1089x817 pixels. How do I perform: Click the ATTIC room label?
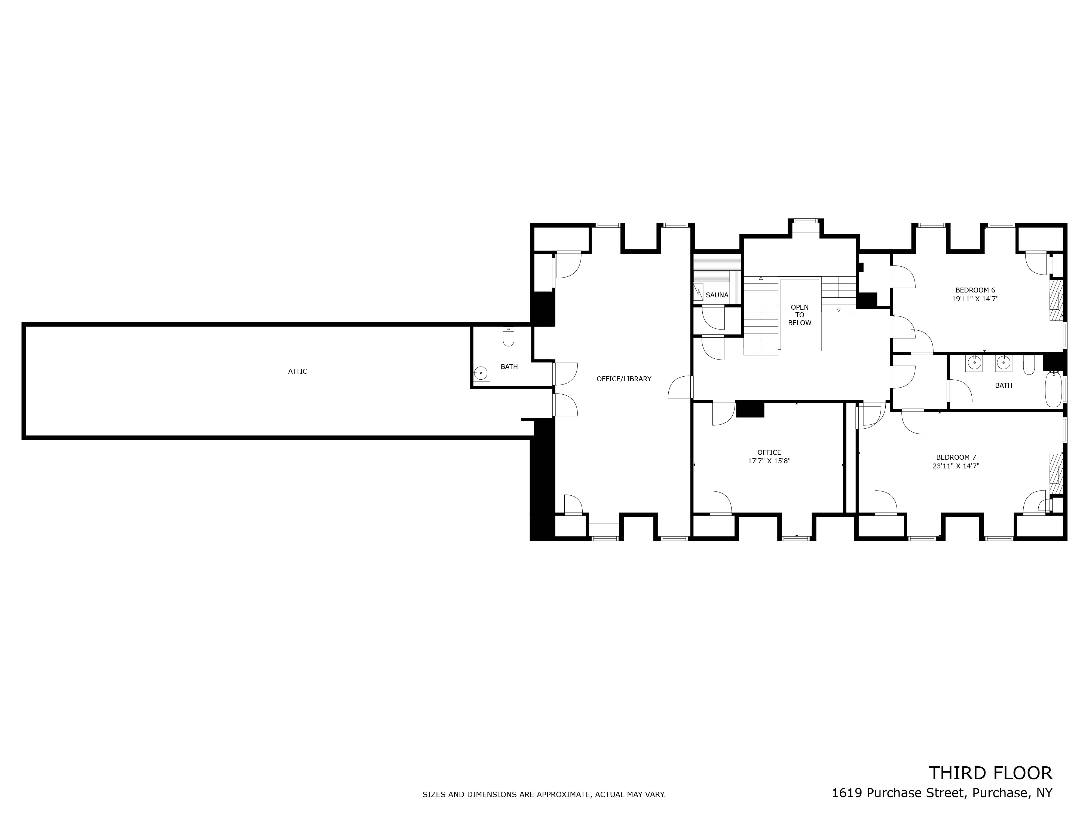(297, 371)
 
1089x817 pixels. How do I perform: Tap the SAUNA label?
(717, 295)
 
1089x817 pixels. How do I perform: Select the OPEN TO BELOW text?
(800, 315)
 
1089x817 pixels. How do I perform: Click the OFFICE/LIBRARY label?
(624, 379)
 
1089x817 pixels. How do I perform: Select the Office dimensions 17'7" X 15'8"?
(769, 461)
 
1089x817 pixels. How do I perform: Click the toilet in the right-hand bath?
(1029, 364)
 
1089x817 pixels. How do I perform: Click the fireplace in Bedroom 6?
(1056, 300)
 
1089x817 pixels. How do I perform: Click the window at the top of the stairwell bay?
(804, 221)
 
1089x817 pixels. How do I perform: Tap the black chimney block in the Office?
(750, 410)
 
